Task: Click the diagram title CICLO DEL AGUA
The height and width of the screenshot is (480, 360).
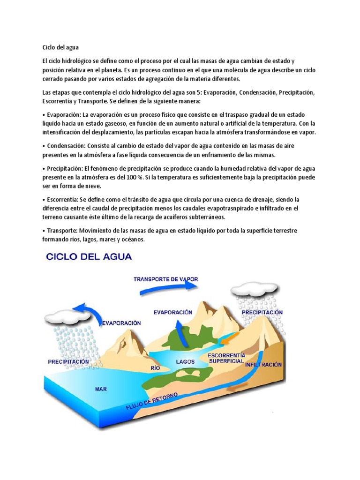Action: [x=88, y=257]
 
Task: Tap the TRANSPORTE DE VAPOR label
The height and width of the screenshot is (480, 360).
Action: [x=166, y=279]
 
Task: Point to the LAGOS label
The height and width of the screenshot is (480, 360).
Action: [x=186, y=362]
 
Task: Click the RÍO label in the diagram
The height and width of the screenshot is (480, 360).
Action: [x=155, y=368]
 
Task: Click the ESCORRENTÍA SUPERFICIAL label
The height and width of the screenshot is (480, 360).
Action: [x=225, y=358]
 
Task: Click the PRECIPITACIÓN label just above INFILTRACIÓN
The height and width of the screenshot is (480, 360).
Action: [x=262, y=312]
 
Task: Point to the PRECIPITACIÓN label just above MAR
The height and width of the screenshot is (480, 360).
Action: [x=68, y=362]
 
